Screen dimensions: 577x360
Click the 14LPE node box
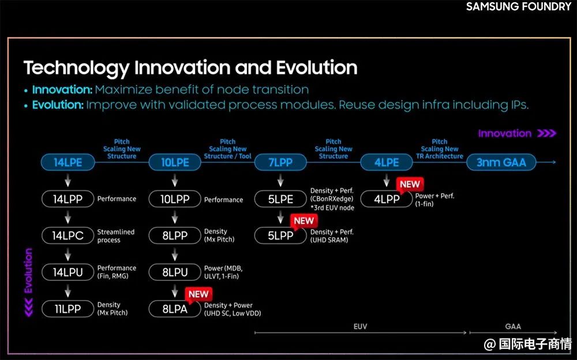pos(68,162)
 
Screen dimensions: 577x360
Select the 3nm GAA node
pos(501,162)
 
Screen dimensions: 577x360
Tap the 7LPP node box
pos(280,162)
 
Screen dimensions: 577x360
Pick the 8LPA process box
pos(175,309)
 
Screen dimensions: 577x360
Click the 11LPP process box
pos(68,309)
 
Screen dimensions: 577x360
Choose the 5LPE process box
pos(280,199)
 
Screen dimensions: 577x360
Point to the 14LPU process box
pos(68,272)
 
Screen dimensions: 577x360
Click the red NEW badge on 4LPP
pos(410,185)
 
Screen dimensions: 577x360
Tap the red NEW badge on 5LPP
pos(304,221)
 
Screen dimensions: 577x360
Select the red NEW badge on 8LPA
pos(198,294)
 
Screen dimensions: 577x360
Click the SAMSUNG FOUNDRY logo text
pos(519,6)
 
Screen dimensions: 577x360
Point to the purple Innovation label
pos(504,133)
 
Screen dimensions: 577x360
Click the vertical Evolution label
pos(28,271)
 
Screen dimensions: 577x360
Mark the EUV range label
pos(360,327)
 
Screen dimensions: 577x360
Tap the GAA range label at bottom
pos(513,327)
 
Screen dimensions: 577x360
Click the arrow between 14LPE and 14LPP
pos(68,181)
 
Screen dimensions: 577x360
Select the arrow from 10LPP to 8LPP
pos(175,217)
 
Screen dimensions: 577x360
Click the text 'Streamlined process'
pos(116,236)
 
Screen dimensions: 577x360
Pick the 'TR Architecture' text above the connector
pos(440,156)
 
